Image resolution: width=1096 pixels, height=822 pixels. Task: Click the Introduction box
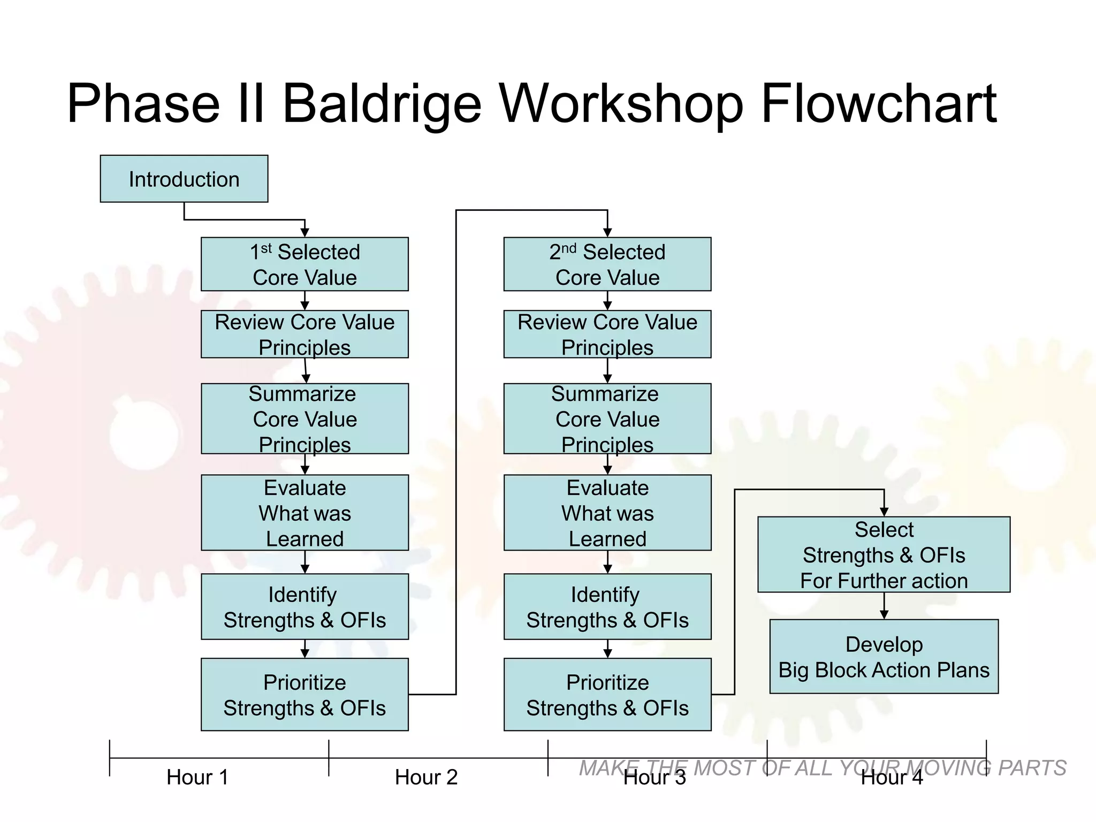click(x=184, y=179)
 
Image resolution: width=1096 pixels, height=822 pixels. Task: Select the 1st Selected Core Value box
click(x=305, y=264)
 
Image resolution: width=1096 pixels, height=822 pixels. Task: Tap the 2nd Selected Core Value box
click(x=607, y=264)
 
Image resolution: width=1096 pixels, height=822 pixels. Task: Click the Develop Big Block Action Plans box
click(x=884, y=657)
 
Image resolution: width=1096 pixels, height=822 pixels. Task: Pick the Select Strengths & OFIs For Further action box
click(x=884, y=554)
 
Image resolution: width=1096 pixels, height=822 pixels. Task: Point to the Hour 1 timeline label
click(x=197, y=777)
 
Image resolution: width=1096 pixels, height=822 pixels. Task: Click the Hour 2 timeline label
click(x=426, y=777)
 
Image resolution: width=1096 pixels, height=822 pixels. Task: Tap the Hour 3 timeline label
click(x=654, y=778)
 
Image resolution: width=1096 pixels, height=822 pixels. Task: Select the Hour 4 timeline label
click(x=892, y=778)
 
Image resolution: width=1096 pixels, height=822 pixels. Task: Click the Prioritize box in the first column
click(x=305, y=695)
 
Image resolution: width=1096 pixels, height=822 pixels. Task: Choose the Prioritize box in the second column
click(x=607, y=695)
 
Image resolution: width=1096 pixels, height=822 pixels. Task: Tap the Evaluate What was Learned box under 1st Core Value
click(x=305, y=513)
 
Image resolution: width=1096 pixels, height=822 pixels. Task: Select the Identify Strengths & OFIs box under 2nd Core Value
click(x=607, y=607)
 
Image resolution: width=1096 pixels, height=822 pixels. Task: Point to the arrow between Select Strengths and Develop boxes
click(x=884, y=607)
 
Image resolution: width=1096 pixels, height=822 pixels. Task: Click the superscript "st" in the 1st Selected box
click(x=266, y=248)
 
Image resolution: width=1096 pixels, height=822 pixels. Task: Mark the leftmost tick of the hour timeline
click(x=110, y=758)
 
